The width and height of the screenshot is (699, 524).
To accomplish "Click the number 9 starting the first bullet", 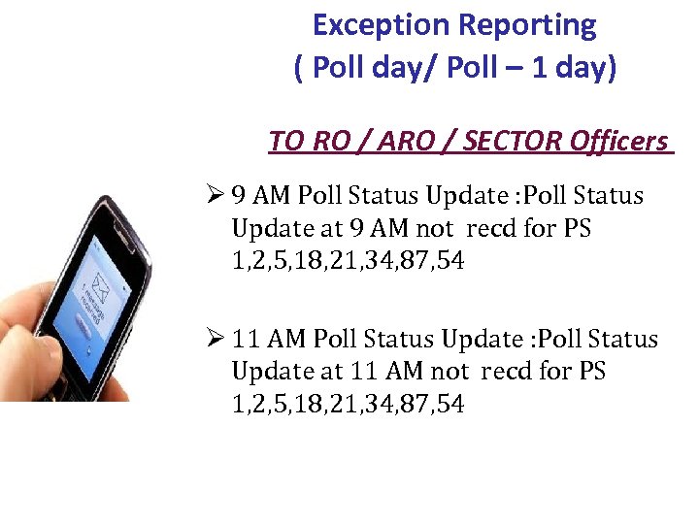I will [x=240, y=196].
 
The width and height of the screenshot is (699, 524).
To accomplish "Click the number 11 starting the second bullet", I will [x=247, y=340].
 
